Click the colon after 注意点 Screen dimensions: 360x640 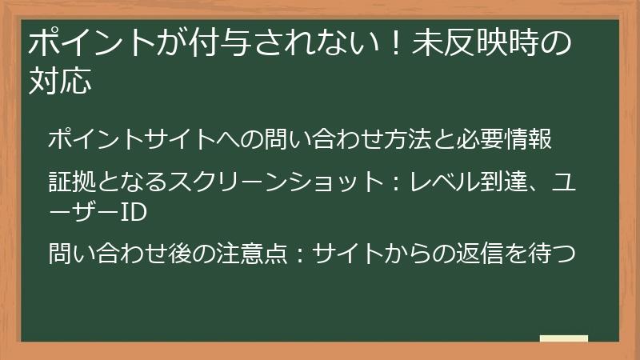(297, 254)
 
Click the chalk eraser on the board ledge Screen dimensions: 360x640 (563, 338)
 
